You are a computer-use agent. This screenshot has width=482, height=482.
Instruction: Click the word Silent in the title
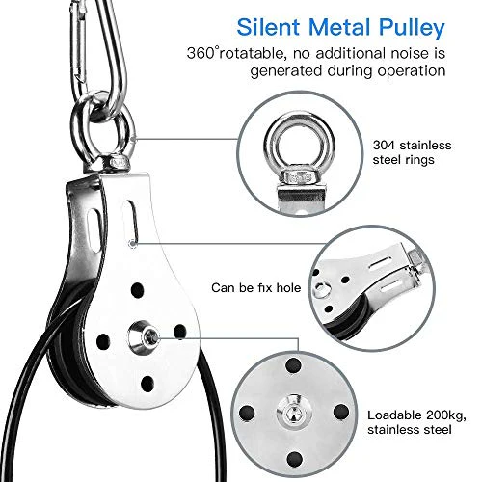[268, 27]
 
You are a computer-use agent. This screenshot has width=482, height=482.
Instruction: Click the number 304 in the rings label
[384, 146]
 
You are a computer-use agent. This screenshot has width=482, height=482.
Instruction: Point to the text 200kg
[445, 415]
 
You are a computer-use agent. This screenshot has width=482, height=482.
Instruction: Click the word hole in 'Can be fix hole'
[288, 287]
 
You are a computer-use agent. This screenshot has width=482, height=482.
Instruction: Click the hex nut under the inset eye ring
[298, 177]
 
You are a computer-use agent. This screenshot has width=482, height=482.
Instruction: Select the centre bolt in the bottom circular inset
[294, 413]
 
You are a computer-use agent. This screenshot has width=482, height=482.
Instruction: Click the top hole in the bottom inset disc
[293, 365]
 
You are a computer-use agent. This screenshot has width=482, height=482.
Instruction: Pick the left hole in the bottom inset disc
[247, 413]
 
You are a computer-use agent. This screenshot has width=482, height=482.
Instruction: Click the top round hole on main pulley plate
[137, 290]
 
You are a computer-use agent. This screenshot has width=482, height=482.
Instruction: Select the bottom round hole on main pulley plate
[147, 384]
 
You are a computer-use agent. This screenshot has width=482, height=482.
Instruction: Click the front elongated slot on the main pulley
[131, 223]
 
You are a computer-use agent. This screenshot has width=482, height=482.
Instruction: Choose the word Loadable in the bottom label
[394, 415]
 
